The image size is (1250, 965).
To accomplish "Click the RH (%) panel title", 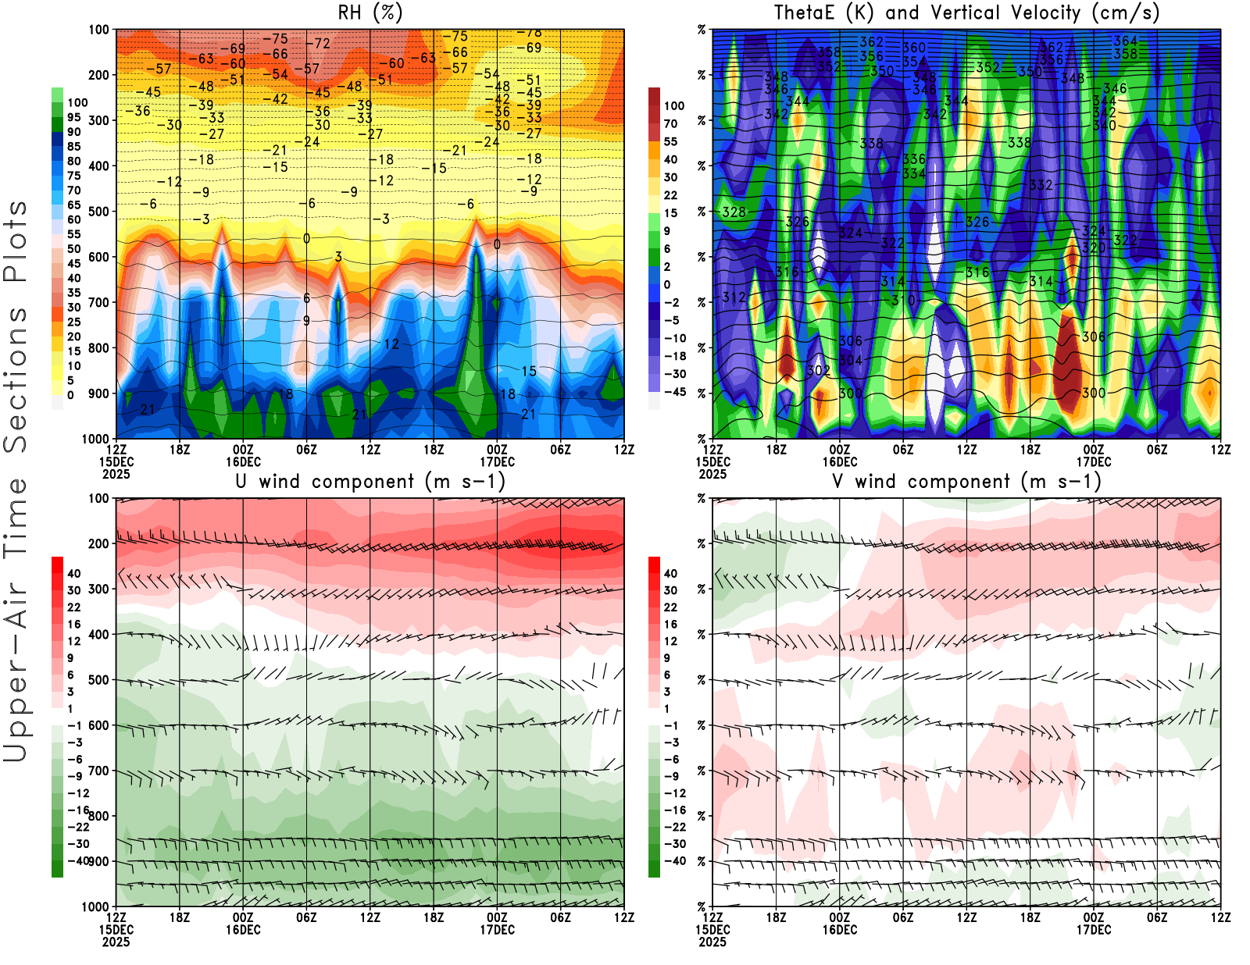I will point(370,13).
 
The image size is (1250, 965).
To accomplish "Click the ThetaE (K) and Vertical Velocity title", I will point(966,13).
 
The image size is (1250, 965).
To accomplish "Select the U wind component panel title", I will point(370,482).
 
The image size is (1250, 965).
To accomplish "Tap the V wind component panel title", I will point(966,482).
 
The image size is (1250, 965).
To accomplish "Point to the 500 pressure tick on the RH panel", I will point(99,212).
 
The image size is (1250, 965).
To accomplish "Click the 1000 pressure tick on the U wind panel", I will point(96,907).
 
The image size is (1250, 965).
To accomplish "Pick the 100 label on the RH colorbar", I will point(77,103).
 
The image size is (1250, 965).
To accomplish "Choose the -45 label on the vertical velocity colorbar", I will point(674,392).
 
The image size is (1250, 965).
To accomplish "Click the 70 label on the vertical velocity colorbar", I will point(670,123).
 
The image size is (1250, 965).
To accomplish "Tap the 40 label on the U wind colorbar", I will point(74,574).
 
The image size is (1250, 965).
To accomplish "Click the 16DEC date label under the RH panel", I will point(243,462).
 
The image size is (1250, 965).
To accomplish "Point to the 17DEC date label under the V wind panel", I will point(1094,931).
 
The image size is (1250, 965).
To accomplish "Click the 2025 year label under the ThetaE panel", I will point(712,475).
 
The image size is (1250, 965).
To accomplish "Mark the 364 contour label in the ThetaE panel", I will point(1126,41).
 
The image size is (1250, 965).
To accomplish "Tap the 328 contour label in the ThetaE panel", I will point(734,212).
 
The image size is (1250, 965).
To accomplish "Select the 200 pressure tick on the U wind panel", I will point(99,544).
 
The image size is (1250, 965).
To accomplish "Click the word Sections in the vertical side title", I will point(16,379).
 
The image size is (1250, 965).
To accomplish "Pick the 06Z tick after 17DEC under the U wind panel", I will point(561,918).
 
